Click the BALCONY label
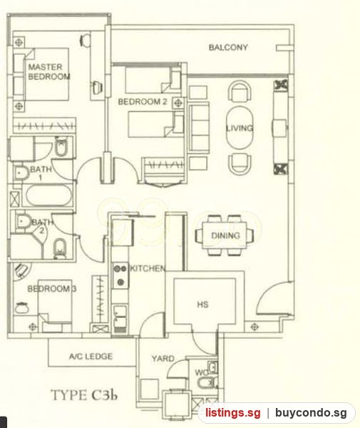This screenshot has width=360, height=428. tap(228, 48)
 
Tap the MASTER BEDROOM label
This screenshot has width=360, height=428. tap(49, 72)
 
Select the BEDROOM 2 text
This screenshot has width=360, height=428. tap(143, 102)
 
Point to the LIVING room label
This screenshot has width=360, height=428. tap(240, 128)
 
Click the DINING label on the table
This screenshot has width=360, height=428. tap(225, 235)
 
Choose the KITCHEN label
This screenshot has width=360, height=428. tap(148, 269)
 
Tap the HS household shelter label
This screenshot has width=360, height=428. tap(203, 305)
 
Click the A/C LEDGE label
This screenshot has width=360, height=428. tap(91, 356)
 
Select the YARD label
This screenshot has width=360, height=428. tap(163, 358)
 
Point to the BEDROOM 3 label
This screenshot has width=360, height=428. tap(52, 289)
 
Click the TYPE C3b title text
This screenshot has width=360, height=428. tap(84, 395)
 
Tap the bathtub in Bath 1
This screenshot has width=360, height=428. tap(48, 195)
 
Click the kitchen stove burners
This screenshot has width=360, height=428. tap(120, 275)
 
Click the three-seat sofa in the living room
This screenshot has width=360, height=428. tap(200, 127)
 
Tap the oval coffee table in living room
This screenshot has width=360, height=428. tap(240, 128)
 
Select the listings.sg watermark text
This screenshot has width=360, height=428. tap(233, 413)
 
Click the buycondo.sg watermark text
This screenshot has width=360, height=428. tap(312, 413)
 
